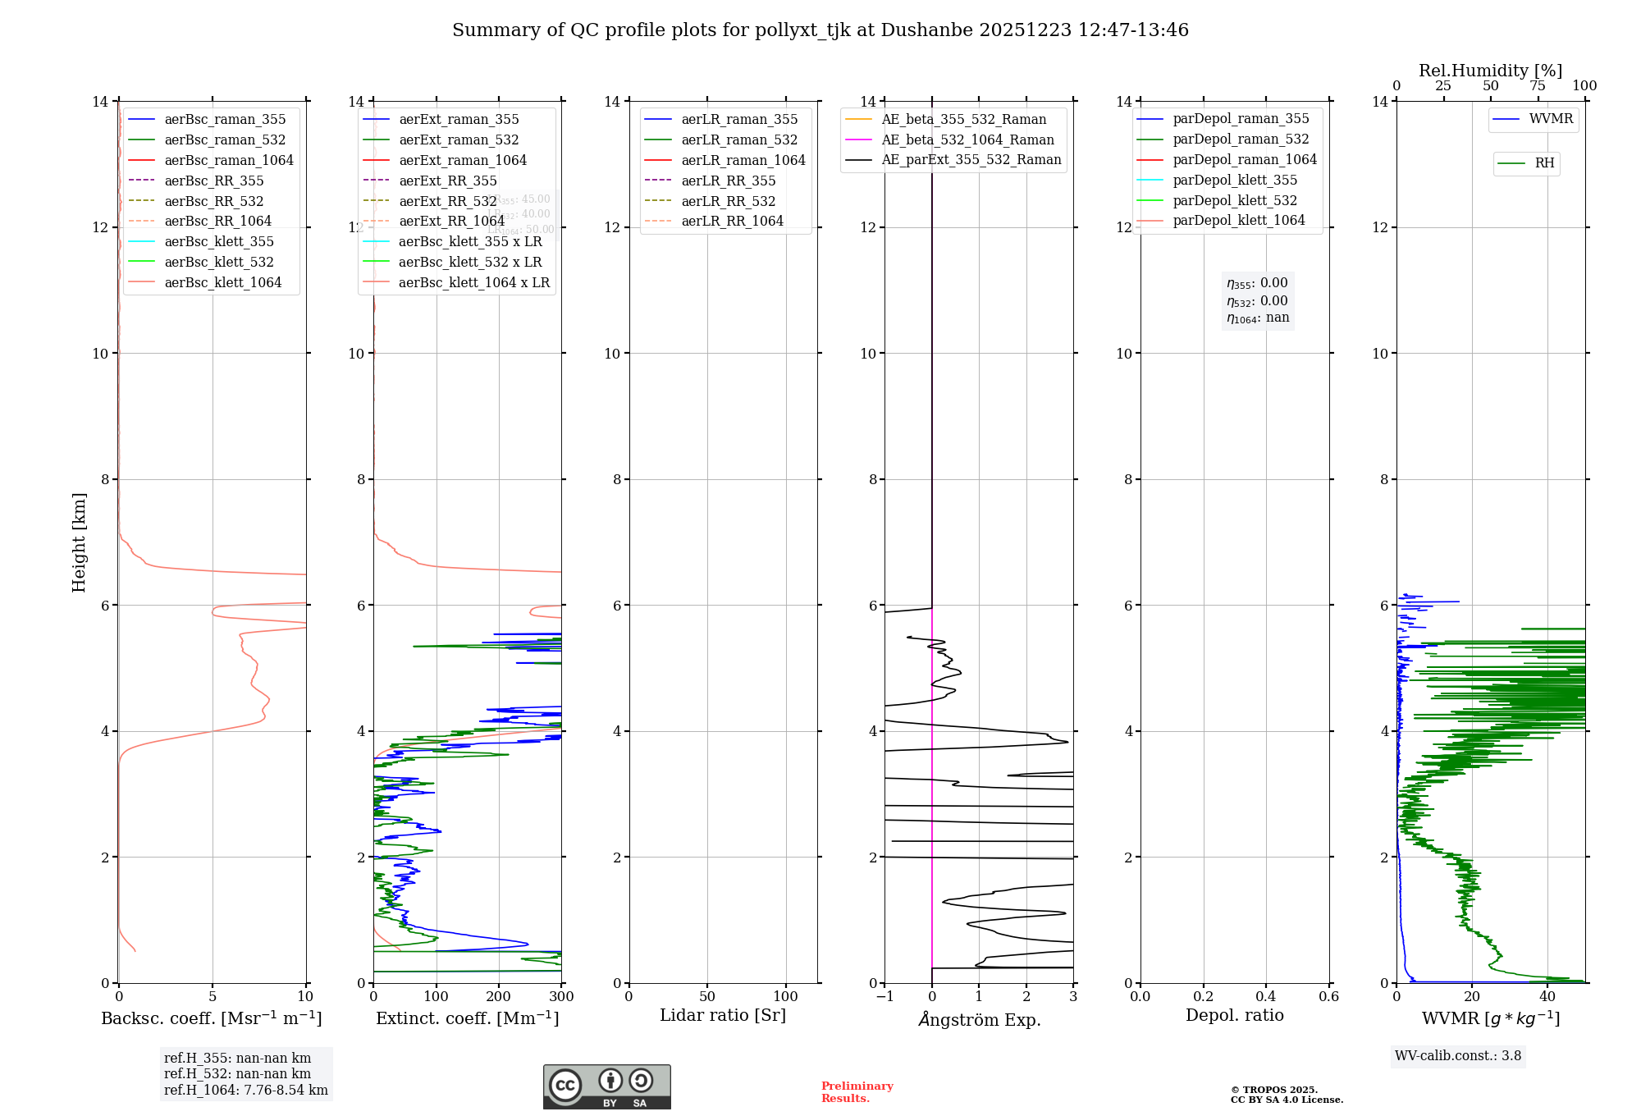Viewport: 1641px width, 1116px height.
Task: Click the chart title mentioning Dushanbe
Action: pos(820,30)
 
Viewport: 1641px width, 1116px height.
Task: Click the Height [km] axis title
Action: pos(79,542)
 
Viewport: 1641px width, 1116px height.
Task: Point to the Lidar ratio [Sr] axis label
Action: pos(722,1016)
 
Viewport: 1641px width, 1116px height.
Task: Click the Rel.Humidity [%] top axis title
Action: pos(1490,71)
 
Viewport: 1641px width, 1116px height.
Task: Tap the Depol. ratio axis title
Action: pos(1234,1016)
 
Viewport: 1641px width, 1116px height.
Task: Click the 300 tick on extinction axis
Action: pos(562,997)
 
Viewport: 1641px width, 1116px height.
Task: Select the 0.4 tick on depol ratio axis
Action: pos(1266,997)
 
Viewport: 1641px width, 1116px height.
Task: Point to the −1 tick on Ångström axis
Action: pos(884,997)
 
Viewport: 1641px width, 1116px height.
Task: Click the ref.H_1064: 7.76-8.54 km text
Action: pos(245,1091)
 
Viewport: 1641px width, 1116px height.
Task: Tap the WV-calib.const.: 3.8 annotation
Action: pos(1457,1056)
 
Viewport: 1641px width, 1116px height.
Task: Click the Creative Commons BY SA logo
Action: pos(606,1087)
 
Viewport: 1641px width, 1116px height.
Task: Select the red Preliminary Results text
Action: pos(857,1092)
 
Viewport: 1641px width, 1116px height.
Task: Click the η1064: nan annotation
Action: pos(1257,318)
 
